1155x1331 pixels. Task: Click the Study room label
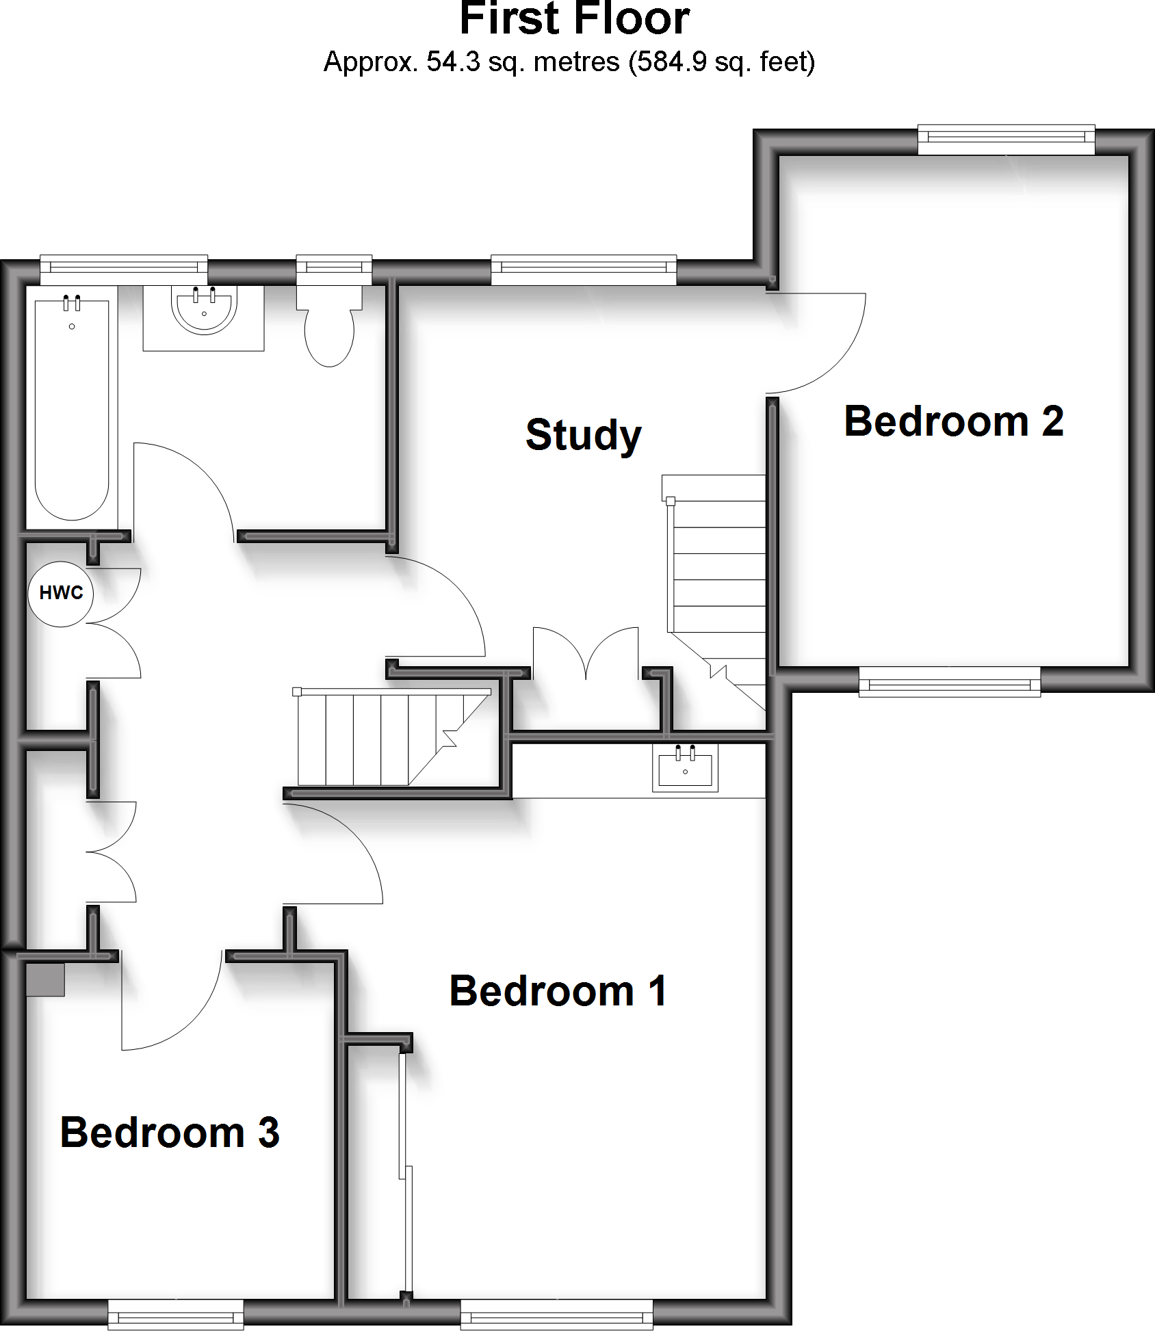point(583,435)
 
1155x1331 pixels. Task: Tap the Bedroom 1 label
point(558,991)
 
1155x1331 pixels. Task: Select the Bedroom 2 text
point(953,421)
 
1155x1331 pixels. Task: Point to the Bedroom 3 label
point(170,1132)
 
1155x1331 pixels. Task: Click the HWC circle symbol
point(61,592)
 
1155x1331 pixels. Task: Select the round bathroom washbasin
point(203,311)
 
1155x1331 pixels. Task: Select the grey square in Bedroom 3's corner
point(45,979)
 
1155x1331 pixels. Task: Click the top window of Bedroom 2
point(1006,140)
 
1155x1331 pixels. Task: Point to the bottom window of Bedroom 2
point(950,681)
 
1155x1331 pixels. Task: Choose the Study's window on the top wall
point(584,269)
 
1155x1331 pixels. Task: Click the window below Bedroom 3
point(176,1314)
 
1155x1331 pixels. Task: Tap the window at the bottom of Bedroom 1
point(556,1314)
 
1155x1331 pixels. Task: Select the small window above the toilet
point(334,269)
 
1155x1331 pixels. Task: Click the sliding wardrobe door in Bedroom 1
point(406,1173)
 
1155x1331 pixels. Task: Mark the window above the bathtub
point(124,269)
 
